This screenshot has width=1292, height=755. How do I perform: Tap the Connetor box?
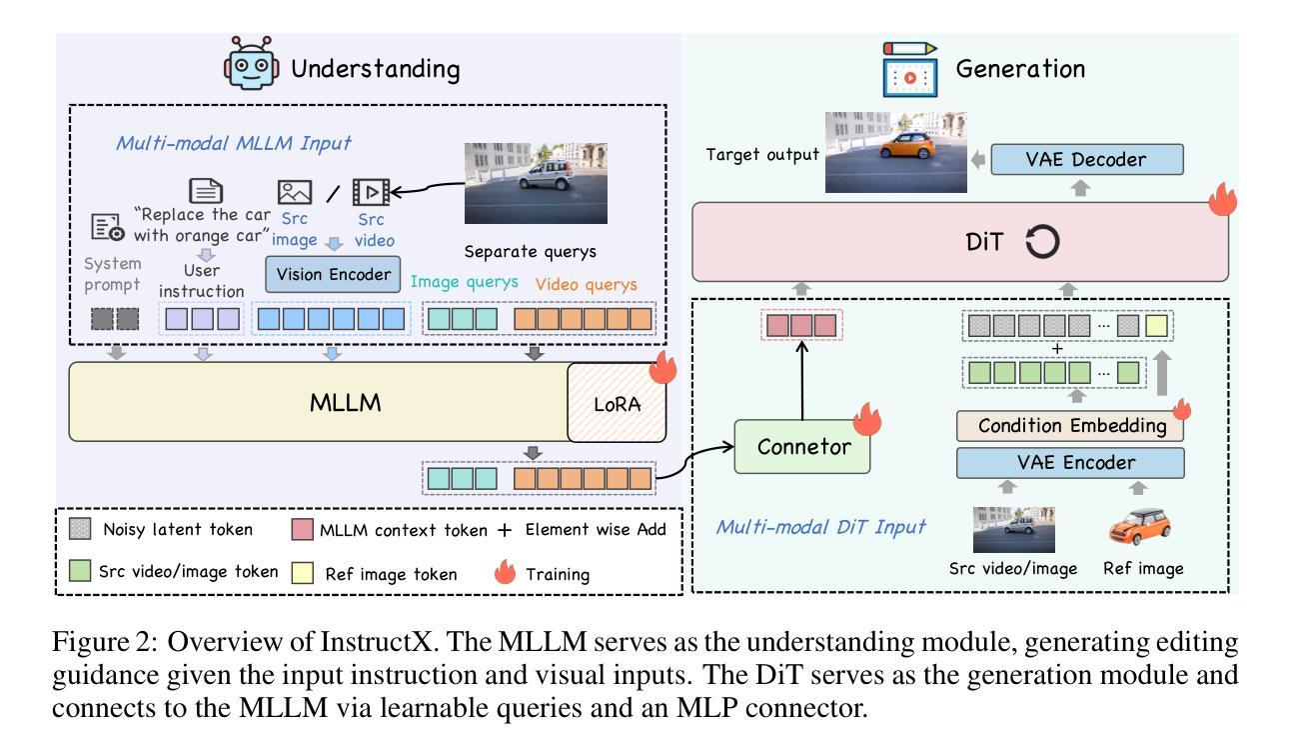(x=803, y=446)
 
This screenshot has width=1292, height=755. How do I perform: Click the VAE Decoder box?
(x=1087, y=159)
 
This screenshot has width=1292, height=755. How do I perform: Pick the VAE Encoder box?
(x=1070, y=463)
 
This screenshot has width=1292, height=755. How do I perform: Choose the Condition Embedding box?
(x=1070, y=426)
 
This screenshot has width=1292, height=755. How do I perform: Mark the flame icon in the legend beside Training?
(x=507, y=573)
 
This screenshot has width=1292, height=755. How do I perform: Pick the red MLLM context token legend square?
(x=303, y=530)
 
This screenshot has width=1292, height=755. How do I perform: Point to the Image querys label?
(x=464, y=284)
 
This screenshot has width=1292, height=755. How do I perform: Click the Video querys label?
(x=586, y=284)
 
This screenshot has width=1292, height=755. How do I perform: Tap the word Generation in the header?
(x=1020, y=69)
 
